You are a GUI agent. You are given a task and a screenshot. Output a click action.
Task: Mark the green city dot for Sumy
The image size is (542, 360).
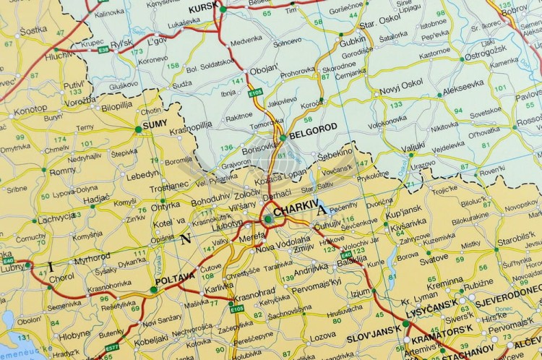click(x=138, y=129)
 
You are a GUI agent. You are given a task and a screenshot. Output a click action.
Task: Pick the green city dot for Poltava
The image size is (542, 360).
click(x=153, y=290)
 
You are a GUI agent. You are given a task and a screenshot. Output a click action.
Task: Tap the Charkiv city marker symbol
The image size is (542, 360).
click(x=268, y=218)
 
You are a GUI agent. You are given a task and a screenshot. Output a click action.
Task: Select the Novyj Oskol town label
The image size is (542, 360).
click(x=402, y=83)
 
